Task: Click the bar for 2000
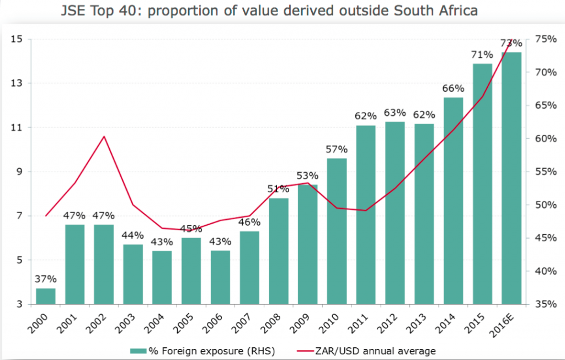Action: tap(46, 296)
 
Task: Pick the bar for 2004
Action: tap(162, 277)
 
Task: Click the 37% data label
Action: tap(46, 279)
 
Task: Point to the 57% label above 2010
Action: tap(337, 149)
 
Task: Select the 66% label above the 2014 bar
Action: tap(453, 88)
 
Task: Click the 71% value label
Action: tap(482, 55)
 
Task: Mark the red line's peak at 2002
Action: tap(104, 136)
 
